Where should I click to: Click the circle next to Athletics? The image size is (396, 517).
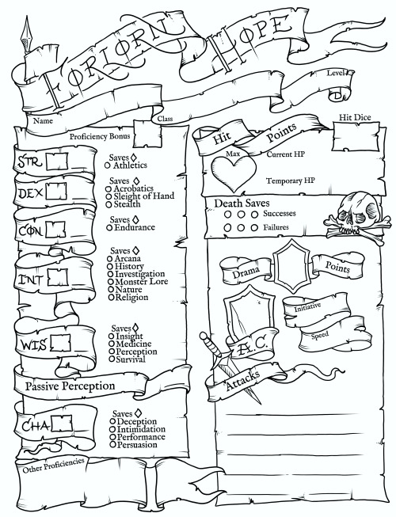pos(107,165)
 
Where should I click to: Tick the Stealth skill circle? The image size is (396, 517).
pos(109,204)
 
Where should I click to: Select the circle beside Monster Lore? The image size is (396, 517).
pos(110,282)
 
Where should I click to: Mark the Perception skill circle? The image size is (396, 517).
pos(112,352)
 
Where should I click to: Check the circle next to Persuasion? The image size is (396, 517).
pos(112,445)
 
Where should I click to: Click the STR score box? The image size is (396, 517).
pos(57,162)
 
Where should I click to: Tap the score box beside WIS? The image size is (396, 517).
pos(60,343)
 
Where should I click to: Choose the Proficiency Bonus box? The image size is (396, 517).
pos(148,134)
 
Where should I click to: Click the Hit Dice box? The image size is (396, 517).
pos(356,136)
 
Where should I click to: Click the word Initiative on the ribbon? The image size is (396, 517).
pos(307,307)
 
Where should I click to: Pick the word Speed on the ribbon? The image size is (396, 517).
pos(320,336)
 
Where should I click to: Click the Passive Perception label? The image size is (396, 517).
pos(70,386)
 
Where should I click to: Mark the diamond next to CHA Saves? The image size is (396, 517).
pos(138,413)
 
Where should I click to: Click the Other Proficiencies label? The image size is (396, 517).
pos(53,465)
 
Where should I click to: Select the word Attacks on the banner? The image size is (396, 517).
pos(243,380)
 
